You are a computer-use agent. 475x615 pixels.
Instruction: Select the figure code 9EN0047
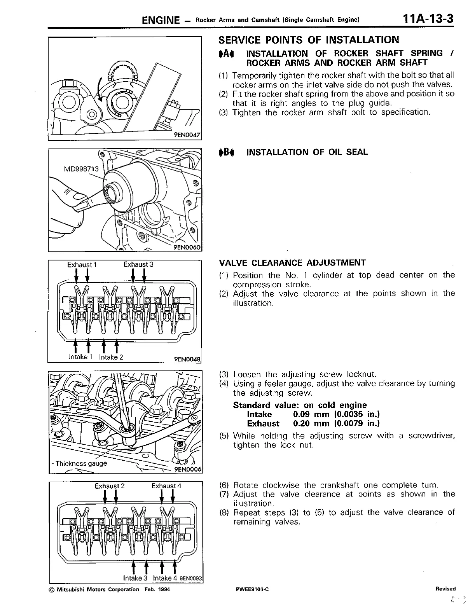pyautogui.click(x=187, y=135)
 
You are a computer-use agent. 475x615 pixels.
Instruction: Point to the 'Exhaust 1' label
pyautogui.click(x=82, y=265)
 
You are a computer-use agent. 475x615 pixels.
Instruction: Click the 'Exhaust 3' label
pyautogui.click(x=138, y=265)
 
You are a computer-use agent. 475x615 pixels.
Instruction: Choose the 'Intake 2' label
pyautogui.click(x=111, y=357)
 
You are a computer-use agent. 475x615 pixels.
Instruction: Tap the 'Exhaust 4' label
pyautogui.click(x=166, y=486)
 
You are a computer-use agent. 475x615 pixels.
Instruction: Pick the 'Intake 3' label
pyautogui.click(x=135, y=578)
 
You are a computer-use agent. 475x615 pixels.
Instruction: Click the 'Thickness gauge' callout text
pyautogui.click(x=81, y=463)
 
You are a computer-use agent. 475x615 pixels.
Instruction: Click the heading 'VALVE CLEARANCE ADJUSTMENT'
pyautogui.click(x=292, y=262)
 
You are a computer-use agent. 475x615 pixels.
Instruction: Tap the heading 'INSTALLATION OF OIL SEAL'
pyautogui.click(x=307, y=152)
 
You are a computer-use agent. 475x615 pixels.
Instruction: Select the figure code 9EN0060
pyautogui.click(x=187, y=247)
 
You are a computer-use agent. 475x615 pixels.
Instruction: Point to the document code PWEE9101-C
pyautogui.click(x=252, y=589)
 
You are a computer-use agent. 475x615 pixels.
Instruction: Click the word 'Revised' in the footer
pyautogui.click(x=445, y=589)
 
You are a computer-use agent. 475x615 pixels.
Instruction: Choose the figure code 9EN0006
pyautogui.click(x=188, y=469)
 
